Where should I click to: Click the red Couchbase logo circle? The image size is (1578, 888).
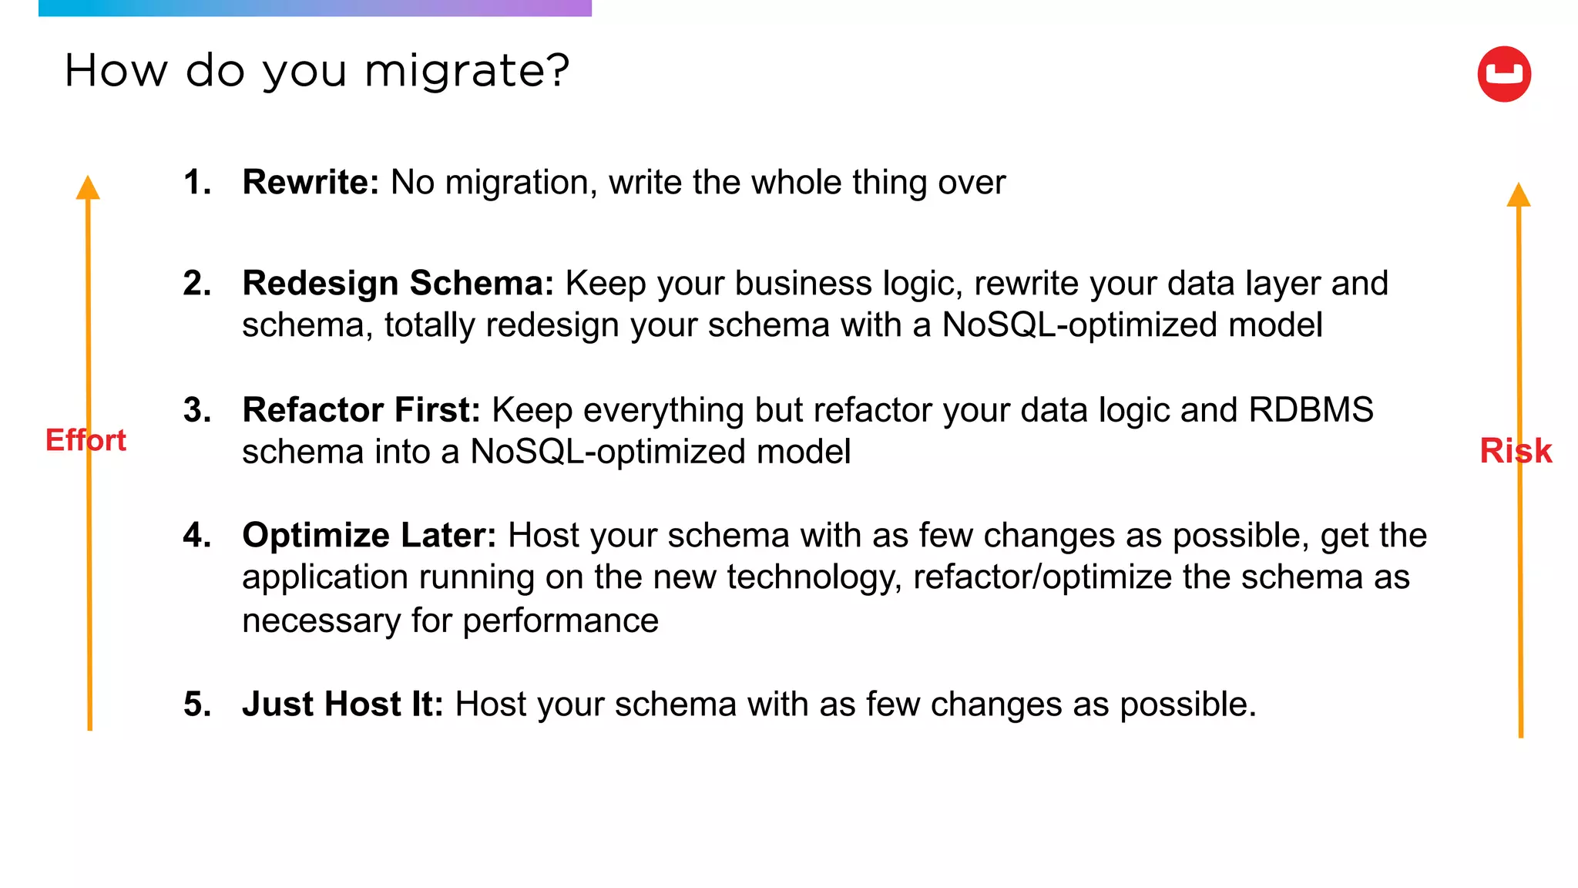[1503, 74]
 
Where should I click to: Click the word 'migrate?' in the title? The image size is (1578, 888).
[466, 72]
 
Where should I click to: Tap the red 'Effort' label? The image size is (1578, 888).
[86, 440]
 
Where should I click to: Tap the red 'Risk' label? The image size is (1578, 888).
[1516, 451]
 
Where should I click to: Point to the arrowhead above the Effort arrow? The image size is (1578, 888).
[88, 187]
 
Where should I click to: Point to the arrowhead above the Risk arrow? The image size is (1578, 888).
[1518, 194]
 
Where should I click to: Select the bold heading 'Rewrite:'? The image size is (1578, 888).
[311, 183]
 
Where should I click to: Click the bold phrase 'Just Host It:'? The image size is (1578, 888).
[343, 705]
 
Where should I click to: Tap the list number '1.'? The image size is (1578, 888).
[197, 183]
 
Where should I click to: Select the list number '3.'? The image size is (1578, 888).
[197, 410]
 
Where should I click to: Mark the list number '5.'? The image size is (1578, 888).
[197, 705]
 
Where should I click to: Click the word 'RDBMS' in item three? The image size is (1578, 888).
[1311, 410]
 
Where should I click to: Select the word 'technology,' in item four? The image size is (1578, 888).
[814, 578]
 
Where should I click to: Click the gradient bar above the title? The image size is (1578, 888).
[314, 8]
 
